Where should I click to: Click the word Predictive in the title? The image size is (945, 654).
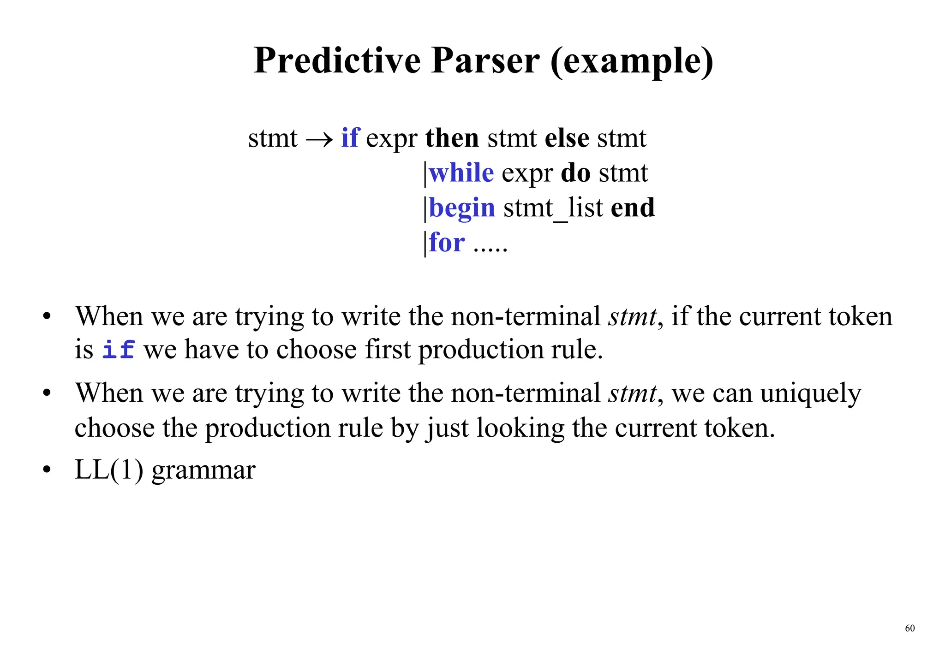click(337, 61)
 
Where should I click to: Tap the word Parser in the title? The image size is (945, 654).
click(485, 61)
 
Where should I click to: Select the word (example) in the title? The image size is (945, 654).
click(632, 62)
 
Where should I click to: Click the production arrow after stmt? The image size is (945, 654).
click(319, 138)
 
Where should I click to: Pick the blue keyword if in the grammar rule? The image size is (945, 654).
click(350, 137)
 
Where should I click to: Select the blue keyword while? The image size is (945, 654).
click(461, 173)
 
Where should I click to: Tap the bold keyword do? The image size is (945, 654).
click(575, 173)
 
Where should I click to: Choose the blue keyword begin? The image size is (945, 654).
click(462, 208)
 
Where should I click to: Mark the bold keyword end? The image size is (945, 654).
click(633, 208)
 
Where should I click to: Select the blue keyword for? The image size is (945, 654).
click(447, 242)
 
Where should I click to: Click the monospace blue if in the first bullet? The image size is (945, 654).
click(118, 349)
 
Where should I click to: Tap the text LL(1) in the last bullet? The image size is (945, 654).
click(109, 470)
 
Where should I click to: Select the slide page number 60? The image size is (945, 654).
click(909, 628)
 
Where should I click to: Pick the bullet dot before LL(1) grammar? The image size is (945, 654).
click(47, 470)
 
